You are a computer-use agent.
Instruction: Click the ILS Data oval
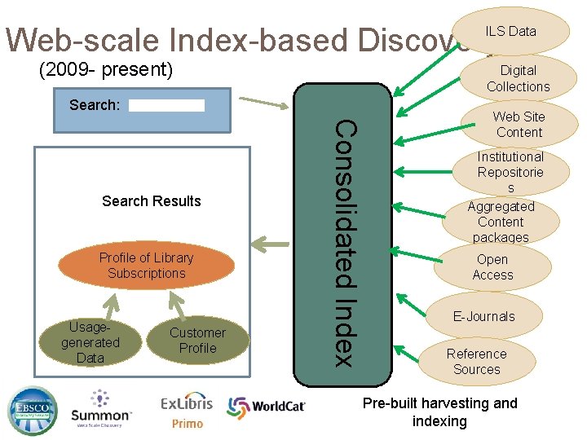511,31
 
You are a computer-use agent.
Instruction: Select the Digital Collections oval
519,78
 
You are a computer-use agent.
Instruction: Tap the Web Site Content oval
519,125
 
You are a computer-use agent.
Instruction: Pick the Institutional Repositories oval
510,171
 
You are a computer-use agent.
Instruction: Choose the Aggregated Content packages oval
501,222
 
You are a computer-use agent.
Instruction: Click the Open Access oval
492,267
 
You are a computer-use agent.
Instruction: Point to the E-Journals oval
484,316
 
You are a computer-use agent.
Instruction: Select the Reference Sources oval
476,362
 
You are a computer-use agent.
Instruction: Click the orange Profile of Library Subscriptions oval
146,266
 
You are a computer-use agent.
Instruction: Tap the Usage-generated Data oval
90,341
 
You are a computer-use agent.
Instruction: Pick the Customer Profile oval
197,341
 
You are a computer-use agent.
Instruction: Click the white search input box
166,105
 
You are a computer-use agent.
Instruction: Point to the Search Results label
152,201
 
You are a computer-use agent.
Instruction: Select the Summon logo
100,410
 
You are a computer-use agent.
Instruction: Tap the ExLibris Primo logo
187,411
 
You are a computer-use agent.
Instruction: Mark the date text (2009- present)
106,71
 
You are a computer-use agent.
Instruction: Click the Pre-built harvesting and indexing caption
439,411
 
